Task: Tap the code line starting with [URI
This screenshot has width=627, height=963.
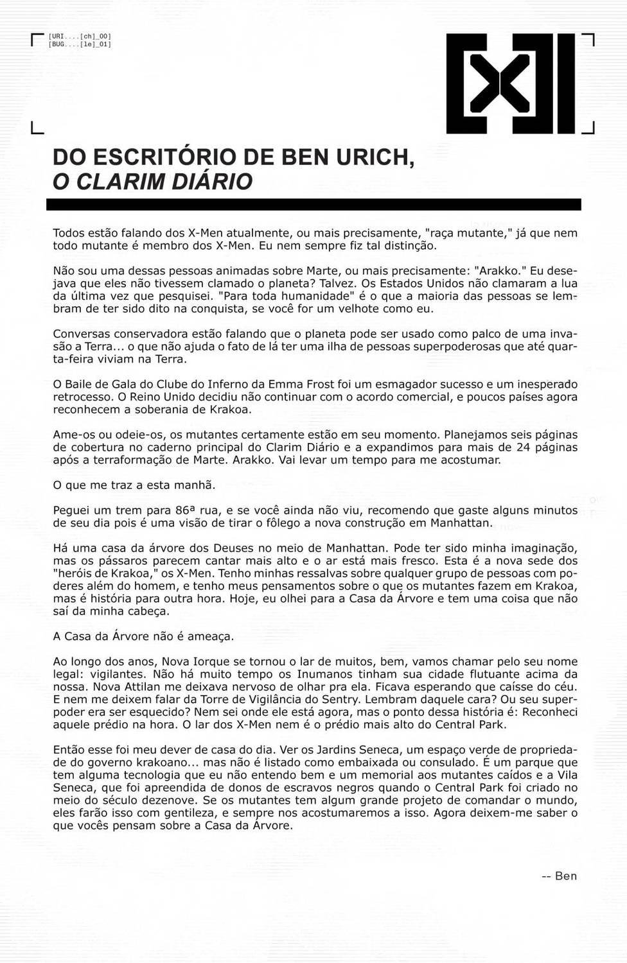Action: pos(79,37)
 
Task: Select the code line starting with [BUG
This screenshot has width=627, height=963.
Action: pos(79,45)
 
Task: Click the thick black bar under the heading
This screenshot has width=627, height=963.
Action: pos(313,205)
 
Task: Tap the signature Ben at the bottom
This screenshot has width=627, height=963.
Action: pos(565,876)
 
